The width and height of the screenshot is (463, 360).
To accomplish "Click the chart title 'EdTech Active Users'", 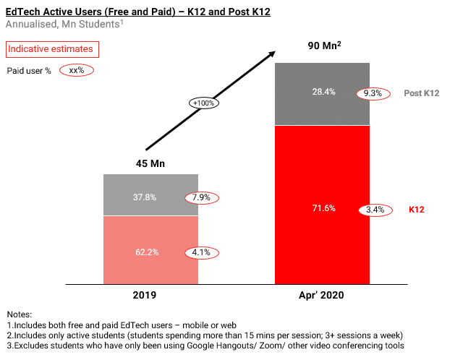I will (137, 11).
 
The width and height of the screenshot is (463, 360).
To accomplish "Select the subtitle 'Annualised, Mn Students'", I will (64, 25).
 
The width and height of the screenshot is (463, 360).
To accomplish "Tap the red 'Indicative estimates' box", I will (51, 49).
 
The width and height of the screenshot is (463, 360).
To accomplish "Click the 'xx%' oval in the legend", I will (77, 70).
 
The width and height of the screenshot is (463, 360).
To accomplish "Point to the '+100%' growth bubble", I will (205, 103).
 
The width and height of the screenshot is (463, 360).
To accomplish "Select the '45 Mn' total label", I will (150, 163).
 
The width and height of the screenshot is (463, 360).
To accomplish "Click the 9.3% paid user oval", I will (372, 94).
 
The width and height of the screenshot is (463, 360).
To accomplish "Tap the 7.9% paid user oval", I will (202, 197).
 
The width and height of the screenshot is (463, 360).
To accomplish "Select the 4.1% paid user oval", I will (202, 253).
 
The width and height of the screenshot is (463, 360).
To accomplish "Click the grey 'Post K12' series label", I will (422, 94).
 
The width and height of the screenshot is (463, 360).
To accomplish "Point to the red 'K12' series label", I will (416, 210).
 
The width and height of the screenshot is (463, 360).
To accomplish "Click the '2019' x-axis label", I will (150, 295).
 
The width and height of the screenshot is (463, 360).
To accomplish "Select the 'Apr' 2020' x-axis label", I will (322, 295).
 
